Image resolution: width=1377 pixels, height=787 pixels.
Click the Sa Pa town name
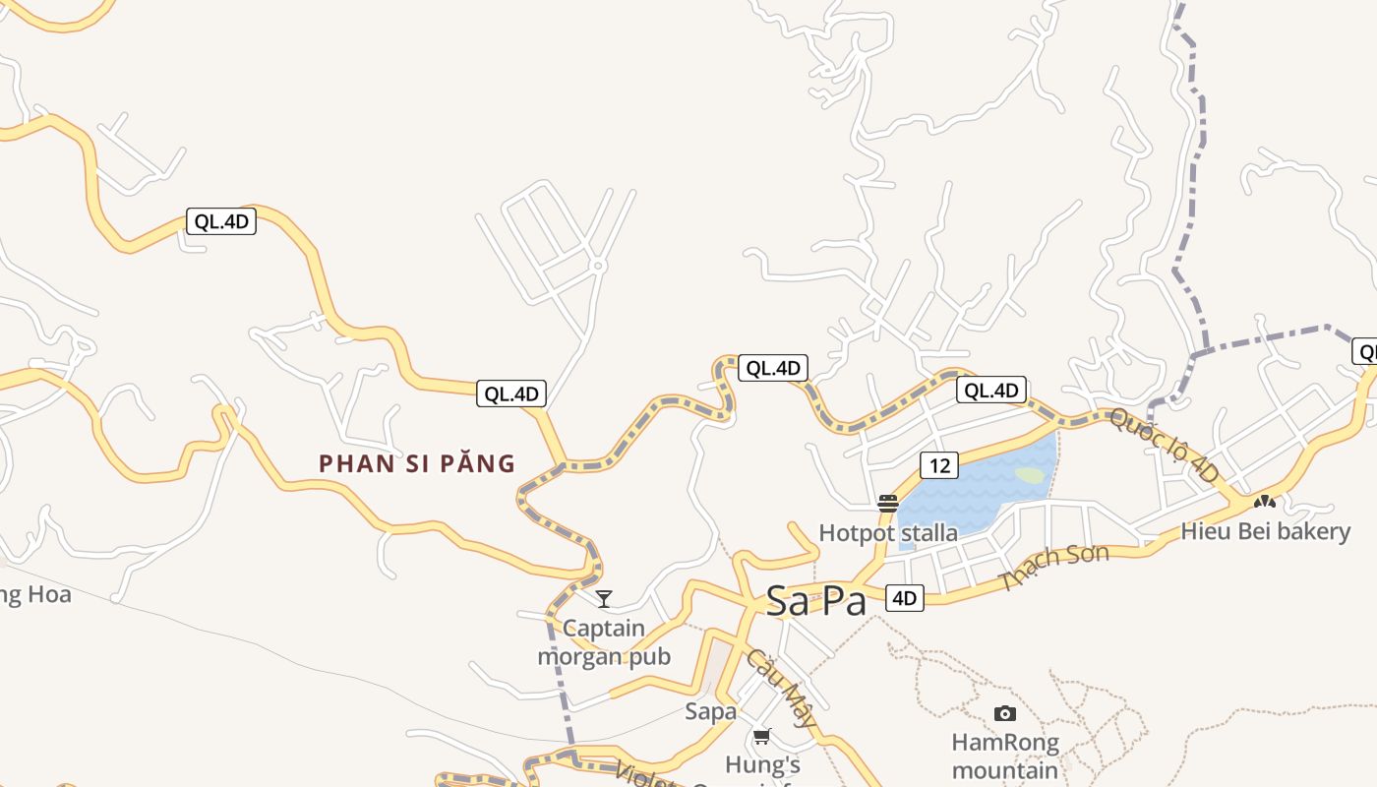[x=815, y=600]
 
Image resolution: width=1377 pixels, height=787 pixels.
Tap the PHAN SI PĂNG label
[x=417, y=463]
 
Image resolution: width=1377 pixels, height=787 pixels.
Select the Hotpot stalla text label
[x=888, y=533]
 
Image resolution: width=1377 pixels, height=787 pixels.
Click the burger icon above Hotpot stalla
[x=888, y=504]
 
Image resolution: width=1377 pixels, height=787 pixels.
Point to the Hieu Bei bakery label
[x=1265, y=531]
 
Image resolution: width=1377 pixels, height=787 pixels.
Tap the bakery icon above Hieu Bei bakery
[x=1264, y=502]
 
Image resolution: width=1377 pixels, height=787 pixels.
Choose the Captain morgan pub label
[x=604, y=642]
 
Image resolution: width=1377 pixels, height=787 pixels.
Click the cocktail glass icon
[x=604, y=598]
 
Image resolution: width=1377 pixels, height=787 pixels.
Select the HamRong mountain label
[x=1004, y=756]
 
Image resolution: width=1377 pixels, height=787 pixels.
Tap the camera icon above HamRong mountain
[x=1004, y=713]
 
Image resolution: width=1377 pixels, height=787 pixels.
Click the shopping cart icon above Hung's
[x=762, y=736]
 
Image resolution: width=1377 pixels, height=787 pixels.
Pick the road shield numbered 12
[x=939, y=464]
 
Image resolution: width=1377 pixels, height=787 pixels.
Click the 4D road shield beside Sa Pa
[x=905, y=597]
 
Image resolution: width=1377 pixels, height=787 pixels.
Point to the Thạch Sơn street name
[x=1053, y=568]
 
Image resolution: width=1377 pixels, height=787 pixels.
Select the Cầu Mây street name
[x=781, y=688]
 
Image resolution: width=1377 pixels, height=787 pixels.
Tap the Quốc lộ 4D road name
[x=1165, y=446]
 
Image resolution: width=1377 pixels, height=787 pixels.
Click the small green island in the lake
[x=1030, y=475]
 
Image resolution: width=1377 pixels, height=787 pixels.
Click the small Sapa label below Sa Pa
[x=710, y=711]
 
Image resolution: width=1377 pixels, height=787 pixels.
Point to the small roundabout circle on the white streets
[x=598, y=266]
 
